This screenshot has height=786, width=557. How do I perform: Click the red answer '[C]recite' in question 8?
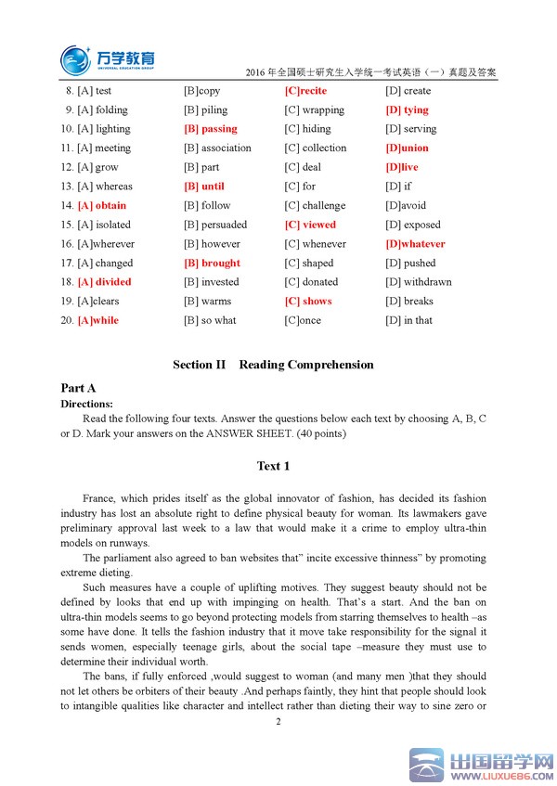click(x=305, y=91)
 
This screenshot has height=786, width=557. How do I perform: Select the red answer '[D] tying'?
click(x=407, y=110)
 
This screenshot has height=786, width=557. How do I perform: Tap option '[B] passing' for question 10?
click(x=211, y=129)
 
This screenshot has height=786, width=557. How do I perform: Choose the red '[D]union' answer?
click(x=407, y=148)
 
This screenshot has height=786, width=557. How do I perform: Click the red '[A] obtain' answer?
click(x=102, y=206)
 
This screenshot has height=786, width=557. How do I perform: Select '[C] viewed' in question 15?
click(x=310, y=225)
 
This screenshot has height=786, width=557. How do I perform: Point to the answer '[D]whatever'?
click(x=415, y=244)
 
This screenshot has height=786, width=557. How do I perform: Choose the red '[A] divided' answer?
click(x=105, y=282)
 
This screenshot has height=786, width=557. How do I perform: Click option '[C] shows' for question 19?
click(x=307, y=302)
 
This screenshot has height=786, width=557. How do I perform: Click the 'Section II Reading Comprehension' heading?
click(x=273, y=365)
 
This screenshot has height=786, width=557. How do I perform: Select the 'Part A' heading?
click(x=78, y=389)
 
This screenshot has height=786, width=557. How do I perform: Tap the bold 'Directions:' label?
click(x=86, y=404)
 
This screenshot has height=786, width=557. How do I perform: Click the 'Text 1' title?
click(x=273, y=466)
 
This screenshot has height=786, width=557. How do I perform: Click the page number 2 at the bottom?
click(x=278, y=721)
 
